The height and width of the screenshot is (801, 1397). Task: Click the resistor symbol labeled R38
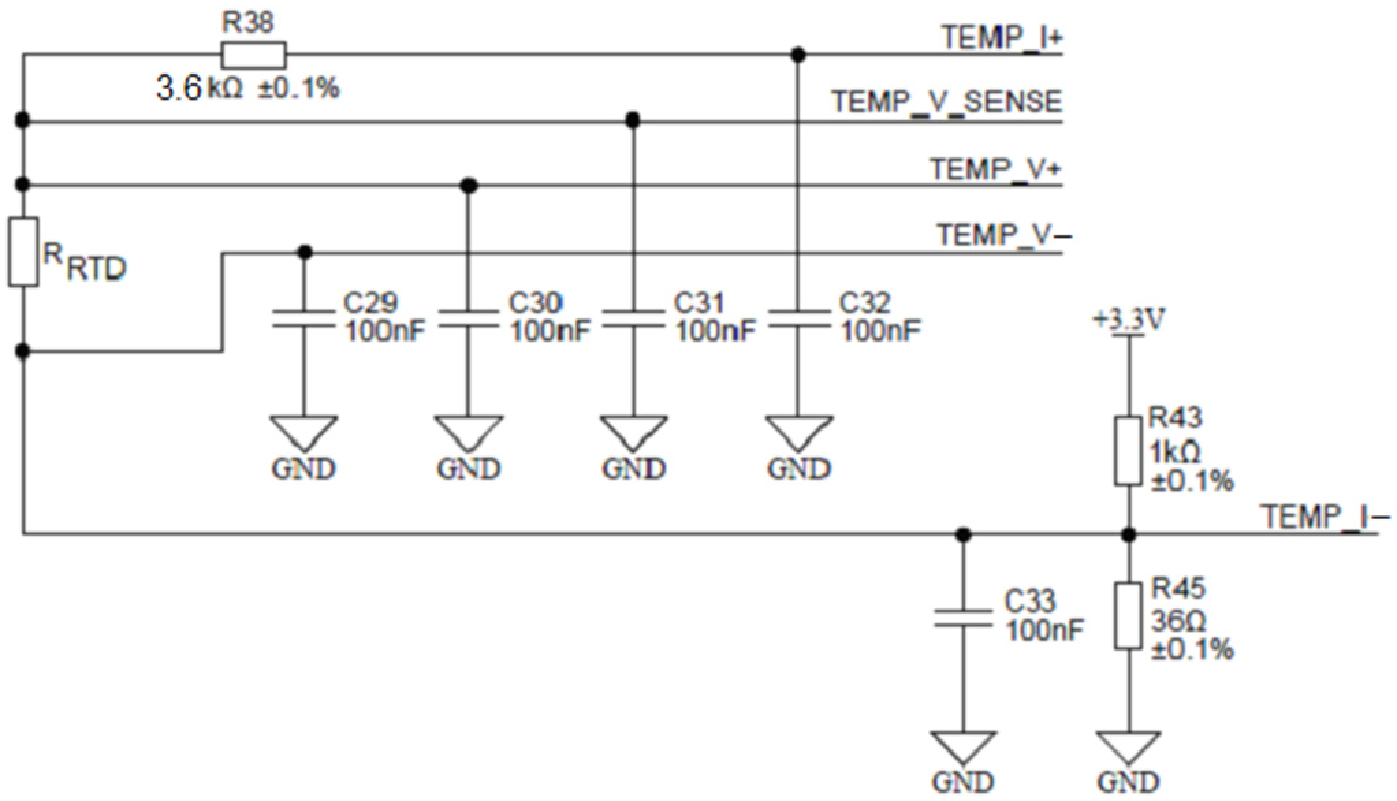tap(254, 55)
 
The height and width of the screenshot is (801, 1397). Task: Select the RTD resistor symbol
tap(23, 252)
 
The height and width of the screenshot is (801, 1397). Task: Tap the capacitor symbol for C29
tap(304, 318)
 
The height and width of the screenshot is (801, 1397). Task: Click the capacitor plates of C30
tap(468, 318)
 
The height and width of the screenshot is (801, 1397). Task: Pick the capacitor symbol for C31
tap(634, 318)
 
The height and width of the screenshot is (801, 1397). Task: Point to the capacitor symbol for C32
tap(798, 318)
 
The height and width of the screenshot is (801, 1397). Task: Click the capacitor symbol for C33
tap(963, 618)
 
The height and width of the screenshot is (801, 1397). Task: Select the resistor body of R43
tap(1128, 451)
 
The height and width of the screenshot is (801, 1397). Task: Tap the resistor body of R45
tap(1128, 616)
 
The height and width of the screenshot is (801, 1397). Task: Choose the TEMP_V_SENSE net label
tap(947, 102)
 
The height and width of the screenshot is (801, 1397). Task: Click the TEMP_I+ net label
tap(1002, 37)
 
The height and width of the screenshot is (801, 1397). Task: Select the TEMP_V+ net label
tap(995, 168)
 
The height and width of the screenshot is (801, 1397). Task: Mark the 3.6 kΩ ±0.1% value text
tap(248, 89)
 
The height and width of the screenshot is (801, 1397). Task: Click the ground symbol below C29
tap(304, 432)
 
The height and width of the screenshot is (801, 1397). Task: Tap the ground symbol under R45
tap(1128, 748)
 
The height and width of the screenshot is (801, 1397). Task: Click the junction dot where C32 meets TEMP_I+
tap(798, 55)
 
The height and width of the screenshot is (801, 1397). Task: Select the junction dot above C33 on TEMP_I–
tap(963, 534)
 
